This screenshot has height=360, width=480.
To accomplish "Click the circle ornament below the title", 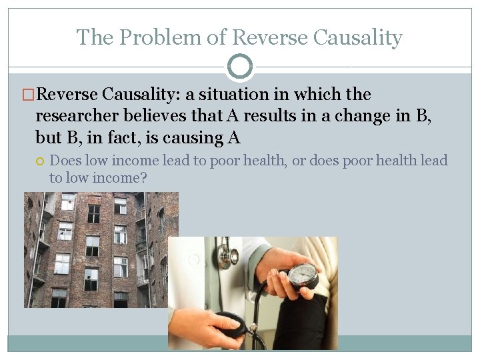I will click(x=240, y=67).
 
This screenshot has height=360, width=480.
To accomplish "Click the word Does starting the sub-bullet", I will click(x=65, y=161).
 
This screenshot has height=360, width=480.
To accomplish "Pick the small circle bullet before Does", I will click(x=41, y=161).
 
